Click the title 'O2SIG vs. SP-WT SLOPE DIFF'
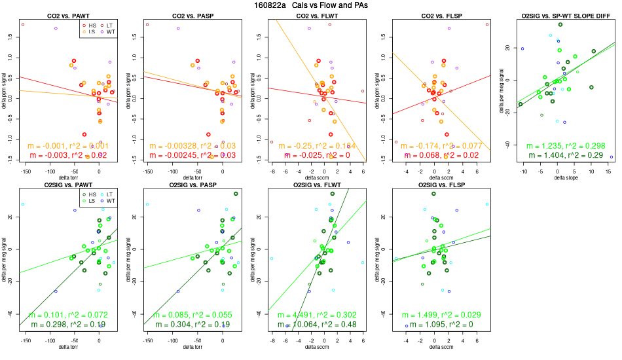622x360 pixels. [560, 15]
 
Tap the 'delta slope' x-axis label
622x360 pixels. [560, 177]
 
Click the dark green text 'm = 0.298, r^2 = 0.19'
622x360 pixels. [71, 325]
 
